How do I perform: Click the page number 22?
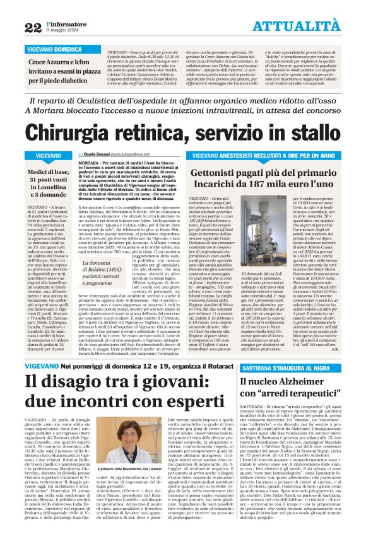click(33, 26)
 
